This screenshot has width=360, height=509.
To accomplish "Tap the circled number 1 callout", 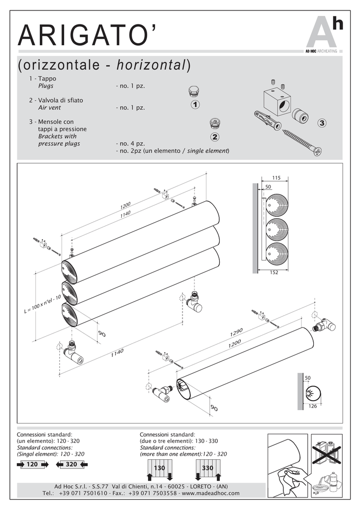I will [195, 105].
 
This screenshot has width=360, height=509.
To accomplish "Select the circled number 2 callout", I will [215, 137].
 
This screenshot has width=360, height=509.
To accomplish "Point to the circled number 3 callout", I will [322, 122].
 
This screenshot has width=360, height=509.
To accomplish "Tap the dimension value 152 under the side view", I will [274, 273].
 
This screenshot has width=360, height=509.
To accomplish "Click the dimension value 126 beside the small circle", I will [313, 407].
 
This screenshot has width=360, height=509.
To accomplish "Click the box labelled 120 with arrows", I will [32, 464].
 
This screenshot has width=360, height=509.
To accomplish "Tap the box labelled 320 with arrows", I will [72, 464].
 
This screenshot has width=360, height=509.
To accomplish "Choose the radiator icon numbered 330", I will [208, 469].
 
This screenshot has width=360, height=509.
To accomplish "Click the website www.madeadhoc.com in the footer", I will [211, 493].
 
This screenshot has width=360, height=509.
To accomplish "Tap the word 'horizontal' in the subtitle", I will [151, 65].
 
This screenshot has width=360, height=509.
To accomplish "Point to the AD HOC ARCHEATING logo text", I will [321, 51].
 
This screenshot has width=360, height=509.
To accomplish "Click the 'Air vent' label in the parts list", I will [49, 107].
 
